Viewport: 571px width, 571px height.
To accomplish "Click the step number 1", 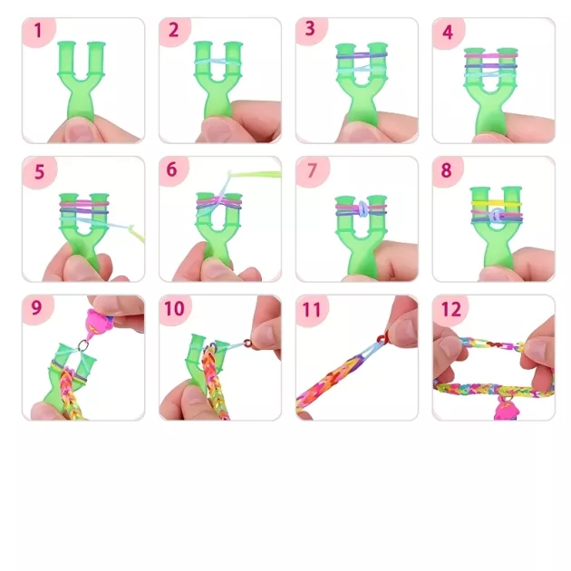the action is pyautogui.click(x=38, y=31).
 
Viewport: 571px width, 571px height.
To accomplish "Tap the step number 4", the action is pyautogui.click(x=448, y=33).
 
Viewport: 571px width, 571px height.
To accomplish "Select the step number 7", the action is pyautogui.click(x=312, y=170).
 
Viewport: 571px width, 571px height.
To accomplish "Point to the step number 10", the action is pyautogui.click(x=174, y=308).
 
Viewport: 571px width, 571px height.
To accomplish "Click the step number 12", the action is pyautogui.click(x=451, y=309).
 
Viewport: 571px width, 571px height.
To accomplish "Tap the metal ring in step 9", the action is pyautogui.click(x=83, y=344).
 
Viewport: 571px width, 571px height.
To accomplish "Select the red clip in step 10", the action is pyautogui.click(x=247, y=343).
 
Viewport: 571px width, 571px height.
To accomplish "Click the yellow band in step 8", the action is pyautogui.click(x=496, y=204).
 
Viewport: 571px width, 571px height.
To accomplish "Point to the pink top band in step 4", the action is pyautogui.click(x=491, y=55).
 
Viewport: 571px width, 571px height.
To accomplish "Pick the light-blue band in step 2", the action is pyautogui.click(x=218, y=63).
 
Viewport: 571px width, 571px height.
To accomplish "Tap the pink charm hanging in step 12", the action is pyautogui.click(x=504, y=409).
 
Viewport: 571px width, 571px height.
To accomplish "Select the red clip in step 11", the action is pyautogui.click(x=381, y=339).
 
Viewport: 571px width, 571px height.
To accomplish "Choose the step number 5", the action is pyautogui.click(x=39, y=171).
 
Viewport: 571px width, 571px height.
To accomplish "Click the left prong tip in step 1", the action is pyautogui.click(x=66, y=44).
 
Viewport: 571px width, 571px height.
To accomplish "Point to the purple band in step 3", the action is pyautogui.click(x=362, y=55).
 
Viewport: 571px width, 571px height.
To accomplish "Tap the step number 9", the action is pyautogui.click(x=37, y=308).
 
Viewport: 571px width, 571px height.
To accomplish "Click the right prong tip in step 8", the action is pyautogui.click(x=512, y=190).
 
